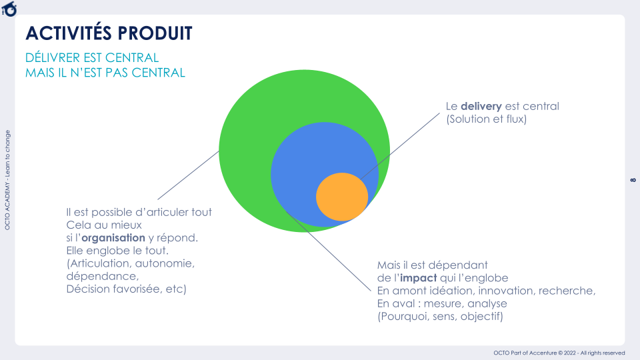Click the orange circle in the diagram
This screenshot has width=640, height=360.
[x=342, y=197]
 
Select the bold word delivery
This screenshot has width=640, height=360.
[x=481, y=107]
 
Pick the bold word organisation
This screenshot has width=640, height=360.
[x=113, y=237]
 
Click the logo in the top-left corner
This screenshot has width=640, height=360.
[x=9, y=9]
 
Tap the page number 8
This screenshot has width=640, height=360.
[x=633, y=180]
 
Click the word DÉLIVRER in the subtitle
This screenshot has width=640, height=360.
[x=53, y=57]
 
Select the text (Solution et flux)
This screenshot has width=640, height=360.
[x=487, y=119]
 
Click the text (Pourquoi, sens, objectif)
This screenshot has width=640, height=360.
[x=440, y=316]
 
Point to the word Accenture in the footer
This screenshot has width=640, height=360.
[x=543, y=353]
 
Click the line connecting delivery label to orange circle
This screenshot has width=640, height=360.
[x=401, y=146]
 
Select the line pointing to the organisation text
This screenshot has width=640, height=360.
[x=189, y=175]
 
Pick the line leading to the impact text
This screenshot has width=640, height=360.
[x=329, y=252]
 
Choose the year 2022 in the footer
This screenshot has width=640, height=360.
[x=570, y=353]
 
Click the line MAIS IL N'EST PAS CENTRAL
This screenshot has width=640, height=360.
[x=105, y=73]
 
